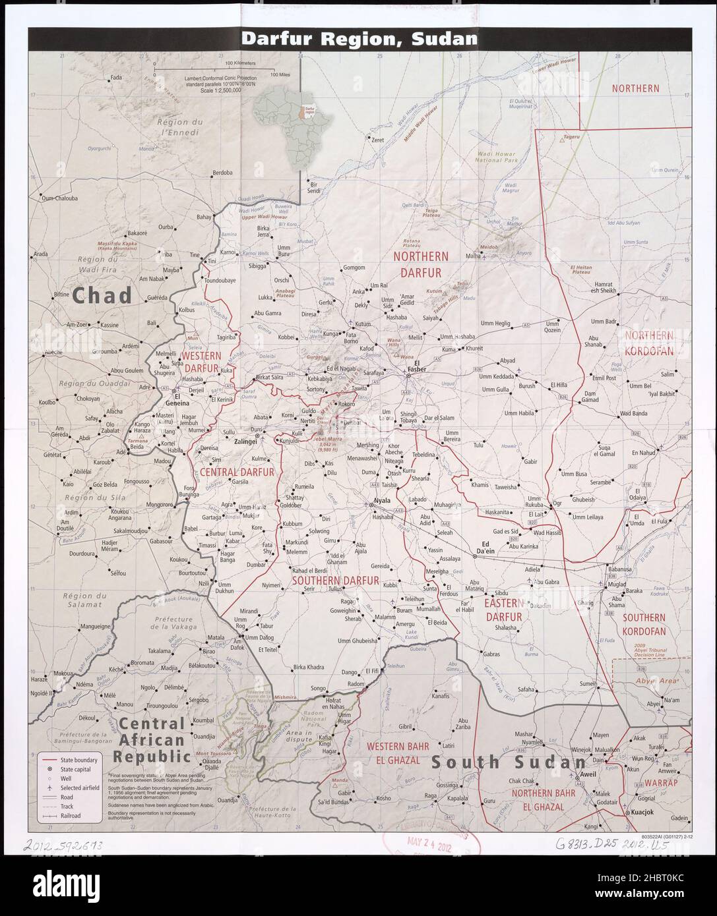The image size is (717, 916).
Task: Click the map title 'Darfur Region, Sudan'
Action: point(359,38)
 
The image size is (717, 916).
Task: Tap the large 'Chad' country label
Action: point(102,295)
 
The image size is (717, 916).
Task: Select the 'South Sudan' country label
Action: point(507,762)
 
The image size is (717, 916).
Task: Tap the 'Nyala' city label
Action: point(383,501)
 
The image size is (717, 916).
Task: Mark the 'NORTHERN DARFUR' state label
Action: point(420,262)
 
